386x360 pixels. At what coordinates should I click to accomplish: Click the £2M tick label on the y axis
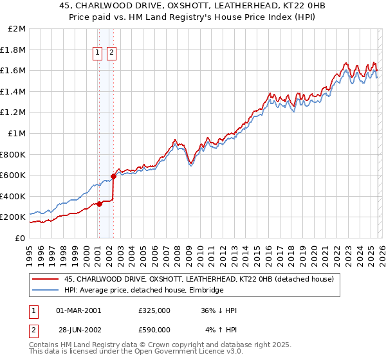tap(17, 29)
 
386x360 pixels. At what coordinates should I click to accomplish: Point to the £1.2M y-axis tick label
tap(15, 113)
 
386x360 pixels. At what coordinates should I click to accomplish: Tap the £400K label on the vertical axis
tap(14, 196)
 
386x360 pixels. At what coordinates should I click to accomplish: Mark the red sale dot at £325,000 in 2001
tap(99, 204)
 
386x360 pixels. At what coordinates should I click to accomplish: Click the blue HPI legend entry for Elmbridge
tap(143, 291)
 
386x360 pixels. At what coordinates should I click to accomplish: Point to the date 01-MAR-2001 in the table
tap(78, 310)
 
